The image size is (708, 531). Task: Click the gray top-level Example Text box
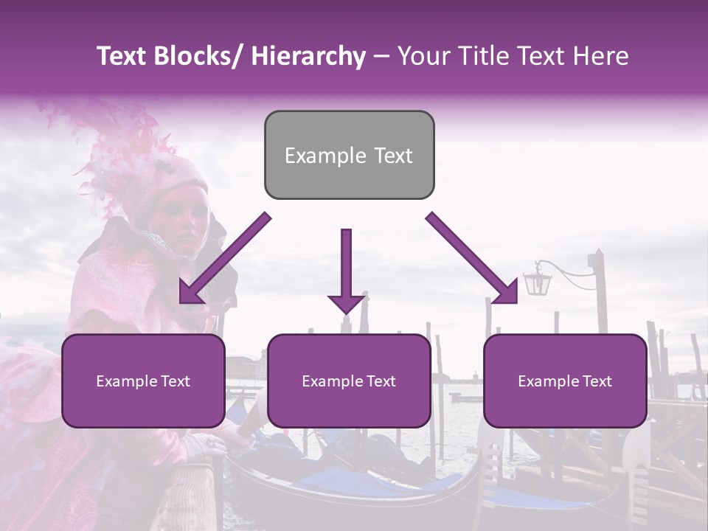(349, 155)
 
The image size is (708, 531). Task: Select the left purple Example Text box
(143, 381)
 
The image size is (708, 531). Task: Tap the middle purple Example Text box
(349, 381)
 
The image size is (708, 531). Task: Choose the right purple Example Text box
(565, 381)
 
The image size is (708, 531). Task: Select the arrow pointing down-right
(472, 258)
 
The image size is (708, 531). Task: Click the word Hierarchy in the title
(308, 56)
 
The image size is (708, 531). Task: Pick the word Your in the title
(422, 56)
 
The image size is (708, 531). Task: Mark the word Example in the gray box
(316, 156)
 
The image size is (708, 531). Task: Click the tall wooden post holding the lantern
(599, 295)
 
